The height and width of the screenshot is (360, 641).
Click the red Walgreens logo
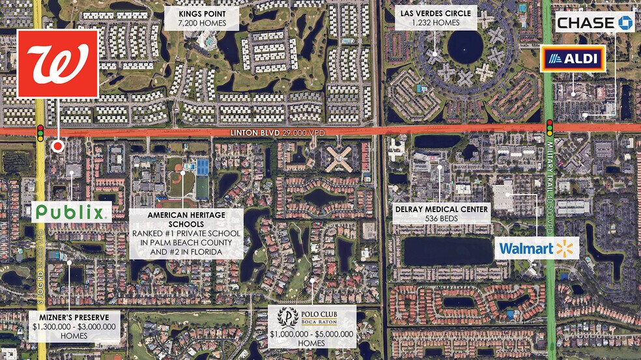click(57, 64)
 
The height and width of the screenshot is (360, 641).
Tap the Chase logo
click(594, 23)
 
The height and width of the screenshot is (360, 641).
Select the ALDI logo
click(573, 59)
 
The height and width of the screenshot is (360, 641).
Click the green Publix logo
click(70, 212)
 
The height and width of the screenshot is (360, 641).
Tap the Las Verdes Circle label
click(436, 18)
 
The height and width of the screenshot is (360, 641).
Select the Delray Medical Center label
click(441, 214)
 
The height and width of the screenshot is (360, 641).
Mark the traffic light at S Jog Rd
click(40, 132)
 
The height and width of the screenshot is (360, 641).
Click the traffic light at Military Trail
click(550, 127)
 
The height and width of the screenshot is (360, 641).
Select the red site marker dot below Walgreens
click(58, 146)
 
